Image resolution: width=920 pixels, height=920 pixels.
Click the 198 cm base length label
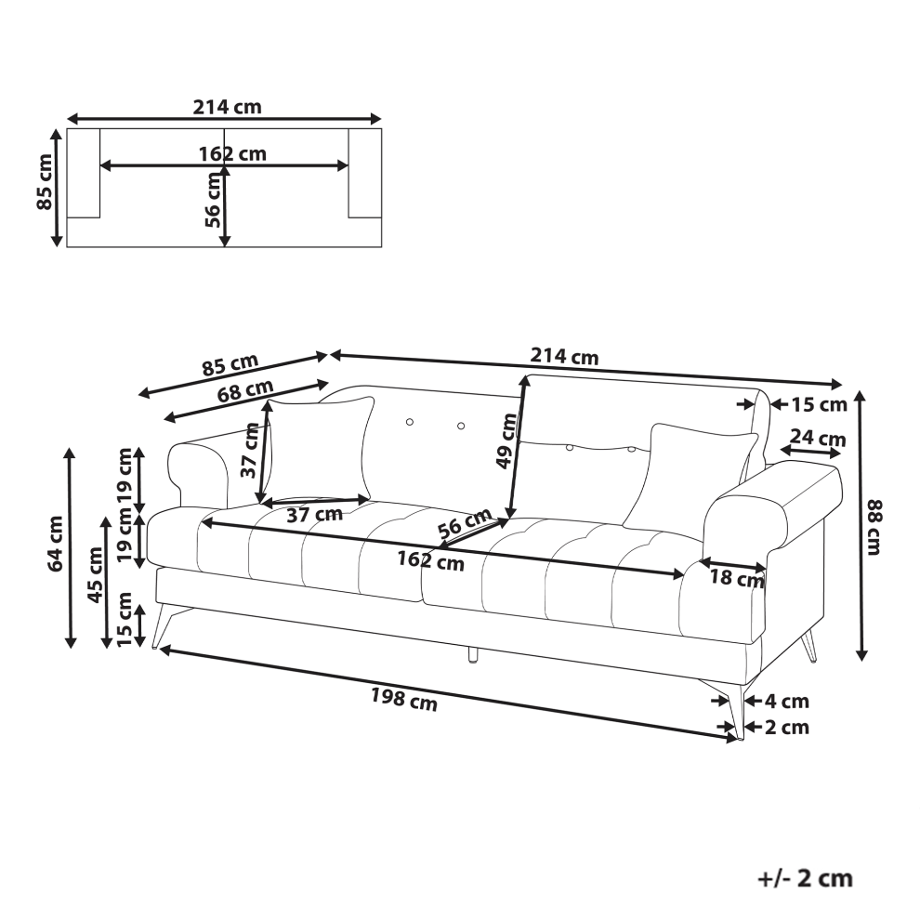click(x=403, y=699)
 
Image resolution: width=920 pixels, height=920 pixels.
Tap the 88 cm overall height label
click(x=874, y=527)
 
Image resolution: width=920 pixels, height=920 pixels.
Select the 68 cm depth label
click(x=245, y=390)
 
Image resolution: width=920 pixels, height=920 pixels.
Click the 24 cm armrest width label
click(x=818, y=438)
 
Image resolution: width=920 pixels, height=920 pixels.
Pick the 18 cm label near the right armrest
click(x=737, y=579)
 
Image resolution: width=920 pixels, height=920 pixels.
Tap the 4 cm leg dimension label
click(x=787, y=701)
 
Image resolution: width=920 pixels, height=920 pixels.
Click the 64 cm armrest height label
click(x=56, y=544)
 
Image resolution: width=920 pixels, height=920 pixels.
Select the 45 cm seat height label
click(x=95, y=575)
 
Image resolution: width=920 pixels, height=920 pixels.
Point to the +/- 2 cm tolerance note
click(x=805, y=879)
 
